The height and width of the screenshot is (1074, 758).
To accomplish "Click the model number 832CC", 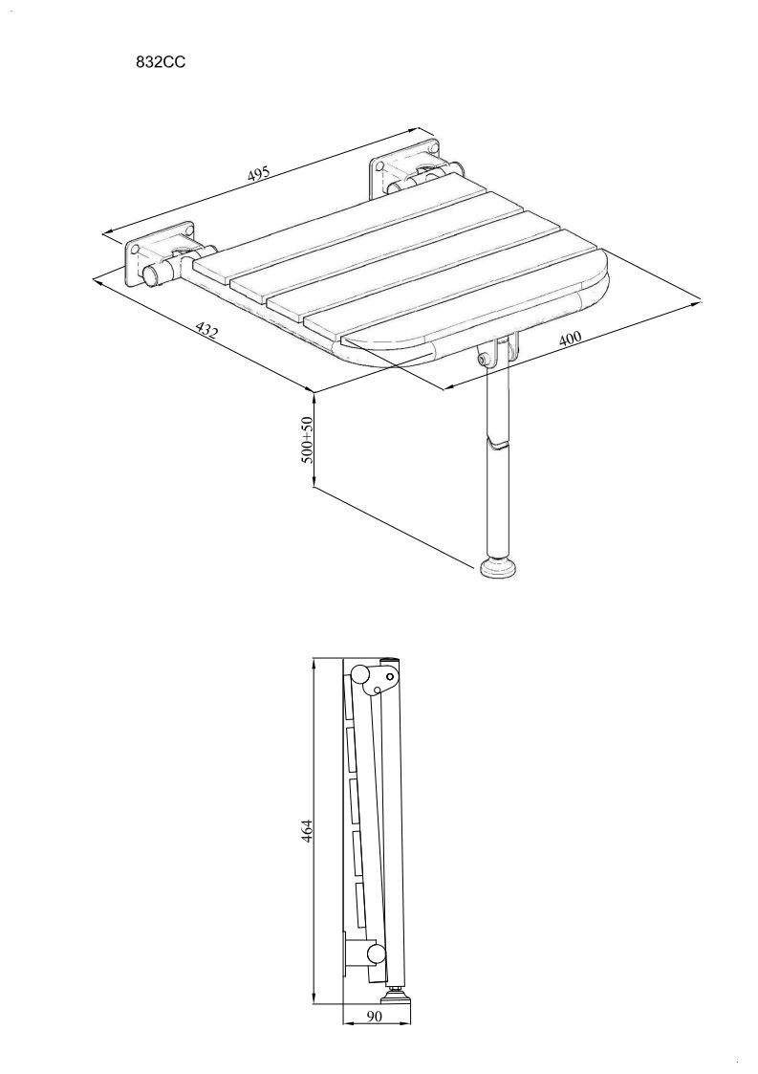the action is (x=161, y=61).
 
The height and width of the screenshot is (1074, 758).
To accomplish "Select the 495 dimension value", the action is (x=259, y=173).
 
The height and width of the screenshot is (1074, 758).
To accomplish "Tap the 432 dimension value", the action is (x=206, y=331).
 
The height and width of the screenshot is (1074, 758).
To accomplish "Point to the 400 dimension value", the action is (x=569, y=339).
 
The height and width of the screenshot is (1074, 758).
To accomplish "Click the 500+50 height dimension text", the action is (x=308, y=440).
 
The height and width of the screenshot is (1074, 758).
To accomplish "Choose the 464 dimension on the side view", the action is (x=308, y=831).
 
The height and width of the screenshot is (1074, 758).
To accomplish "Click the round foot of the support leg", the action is (x=501, y=568).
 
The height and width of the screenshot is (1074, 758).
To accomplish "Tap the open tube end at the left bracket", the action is (x=150, y=277).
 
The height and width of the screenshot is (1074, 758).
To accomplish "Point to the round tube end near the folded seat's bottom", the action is (x=376, y=953).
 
